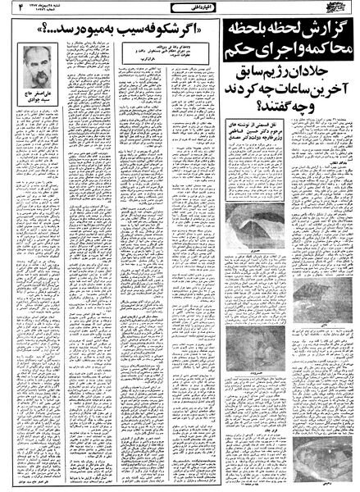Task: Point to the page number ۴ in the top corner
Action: coord(11,12)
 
